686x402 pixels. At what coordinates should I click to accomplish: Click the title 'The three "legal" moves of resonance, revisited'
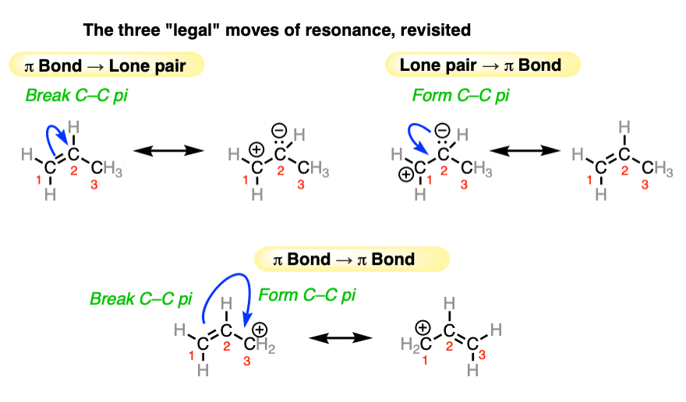[277, 31]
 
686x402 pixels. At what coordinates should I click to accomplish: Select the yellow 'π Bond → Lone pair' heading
[107, 65]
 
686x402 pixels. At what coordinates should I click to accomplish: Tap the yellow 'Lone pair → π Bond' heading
[482, 65]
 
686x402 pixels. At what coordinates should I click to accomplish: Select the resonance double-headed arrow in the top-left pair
[165, 150]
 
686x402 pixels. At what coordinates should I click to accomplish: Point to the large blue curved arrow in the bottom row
[222, 300]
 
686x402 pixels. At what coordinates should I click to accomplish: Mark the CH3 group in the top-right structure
[661, 169]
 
